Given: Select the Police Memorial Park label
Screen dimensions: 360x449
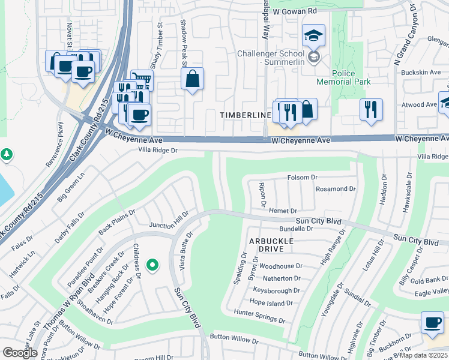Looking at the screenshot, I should point(343,77).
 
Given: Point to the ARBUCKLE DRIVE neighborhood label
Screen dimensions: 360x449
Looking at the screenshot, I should point(271,244).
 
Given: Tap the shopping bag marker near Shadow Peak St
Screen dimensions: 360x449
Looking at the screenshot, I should point(192,79).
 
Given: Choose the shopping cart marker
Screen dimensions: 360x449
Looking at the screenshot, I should point(142,79).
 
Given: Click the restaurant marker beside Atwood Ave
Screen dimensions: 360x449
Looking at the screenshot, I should point(371,109).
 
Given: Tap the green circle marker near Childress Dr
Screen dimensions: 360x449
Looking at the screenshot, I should point(152,264).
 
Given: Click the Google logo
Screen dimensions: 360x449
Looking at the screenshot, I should point(20,352).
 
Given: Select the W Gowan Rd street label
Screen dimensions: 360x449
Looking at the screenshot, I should point(295,11).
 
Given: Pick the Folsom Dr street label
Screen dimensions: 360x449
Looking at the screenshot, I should point(302,178).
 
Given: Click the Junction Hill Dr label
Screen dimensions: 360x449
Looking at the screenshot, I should point(169,220).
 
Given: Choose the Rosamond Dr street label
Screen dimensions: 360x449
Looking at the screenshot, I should point(336,189).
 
